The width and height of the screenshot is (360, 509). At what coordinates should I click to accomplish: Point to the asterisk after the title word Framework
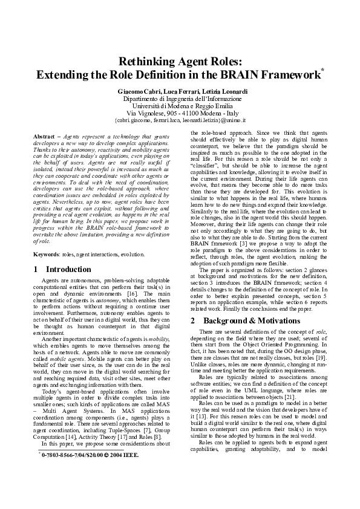323,71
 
